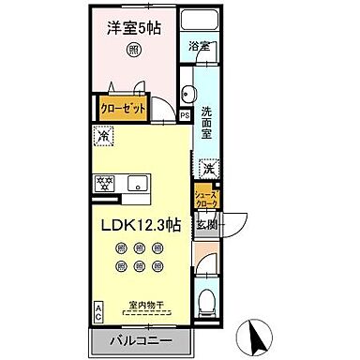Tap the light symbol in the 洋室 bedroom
point(135,49)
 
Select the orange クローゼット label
point(123,108)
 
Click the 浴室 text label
point(198,44)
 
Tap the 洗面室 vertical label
point(206,122)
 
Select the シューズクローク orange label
point(205,198)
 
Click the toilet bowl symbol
point(206,301)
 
